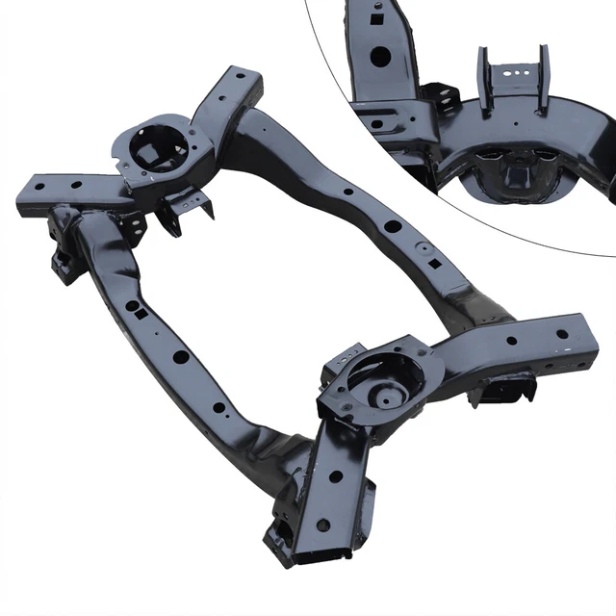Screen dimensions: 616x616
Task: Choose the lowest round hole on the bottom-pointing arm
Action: pos(323,525)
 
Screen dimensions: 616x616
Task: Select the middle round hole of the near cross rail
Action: pos(181,356)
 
